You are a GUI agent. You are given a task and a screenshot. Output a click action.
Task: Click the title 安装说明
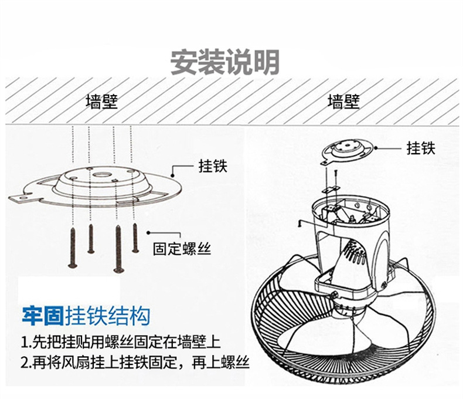click(x=224, y=62)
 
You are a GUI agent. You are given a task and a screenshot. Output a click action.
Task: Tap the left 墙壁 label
click(x=101, y=102)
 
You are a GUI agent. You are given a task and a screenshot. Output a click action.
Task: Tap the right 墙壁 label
click(x=343, y=102)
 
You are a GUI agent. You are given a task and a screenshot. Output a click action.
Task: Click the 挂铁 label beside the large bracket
click(x=212, y=166)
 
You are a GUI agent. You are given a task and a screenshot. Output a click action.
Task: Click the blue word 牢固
click(x=42, y=317)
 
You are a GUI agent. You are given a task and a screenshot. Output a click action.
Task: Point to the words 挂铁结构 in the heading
click(x=107, y=317)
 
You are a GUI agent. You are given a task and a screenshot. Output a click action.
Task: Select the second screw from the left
click(x=91, y=238)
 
